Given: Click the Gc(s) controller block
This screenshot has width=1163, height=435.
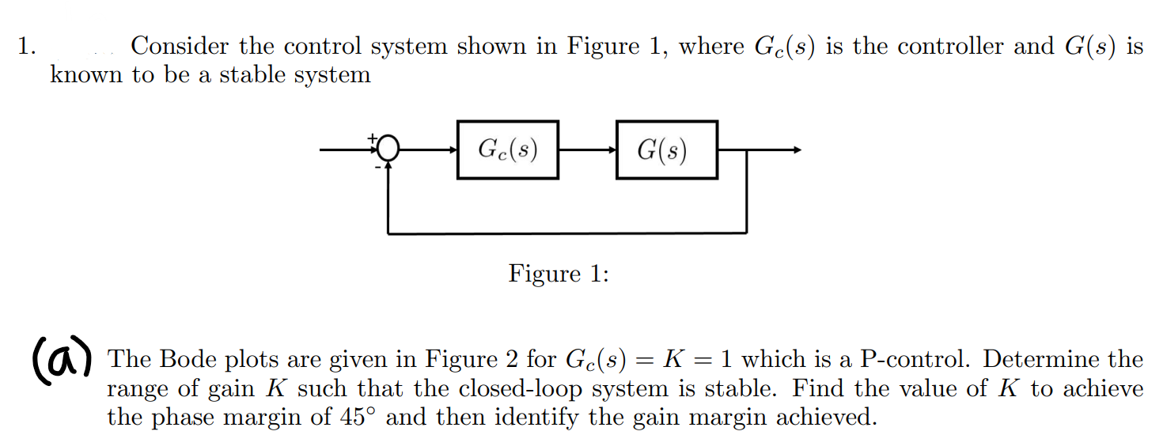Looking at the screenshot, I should click(508, 149).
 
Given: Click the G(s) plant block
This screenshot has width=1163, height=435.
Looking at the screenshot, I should click(667, 149).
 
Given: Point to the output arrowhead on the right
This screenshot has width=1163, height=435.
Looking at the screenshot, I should click(797, 149).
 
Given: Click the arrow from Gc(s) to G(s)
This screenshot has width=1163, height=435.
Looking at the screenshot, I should click(588, 149).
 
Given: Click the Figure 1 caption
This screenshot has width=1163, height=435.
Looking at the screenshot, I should click(559, 274).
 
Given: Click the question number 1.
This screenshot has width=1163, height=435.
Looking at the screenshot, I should click(26, 46).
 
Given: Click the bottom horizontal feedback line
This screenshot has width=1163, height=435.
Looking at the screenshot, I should click(566, 233).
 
